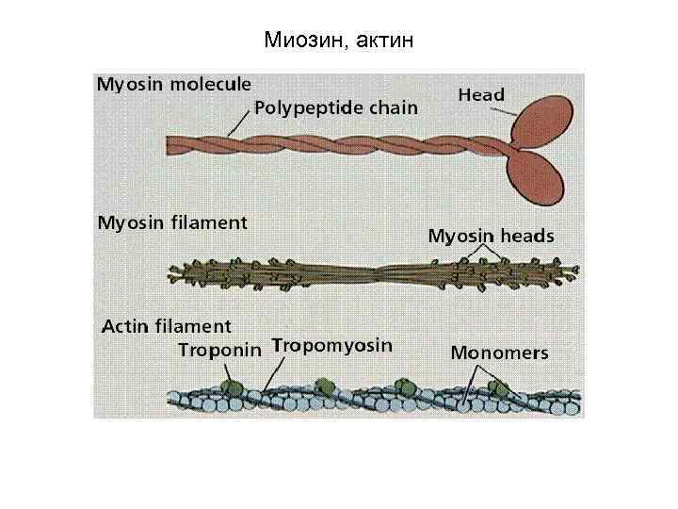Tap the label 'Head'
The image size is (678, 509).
pyautogui.click(x=481, y=94)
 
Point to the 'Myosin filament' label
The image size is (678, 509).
pyautogui.click(x=172, y=223)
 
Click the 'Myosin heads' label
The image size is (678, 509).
pyautogui.click(x=491, y=236)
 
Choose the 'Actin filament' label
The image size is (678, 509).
pyautogui.click(x=166, y=327)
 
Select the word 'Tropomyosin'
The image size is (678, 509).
pyautogui.click(x=331, y=345)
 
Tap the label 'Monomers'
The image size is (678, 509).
pyautogui.click(x=498, y=353)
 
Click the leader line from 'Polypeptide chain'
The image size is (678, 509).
pyautogui.click(x=239, y=123)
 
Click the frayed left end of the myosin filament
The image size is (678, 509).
pyautogui.click(x=176, y=275)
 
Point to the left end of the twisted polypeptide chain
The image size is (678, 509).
pyautogui.click(x=172, y=144)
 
